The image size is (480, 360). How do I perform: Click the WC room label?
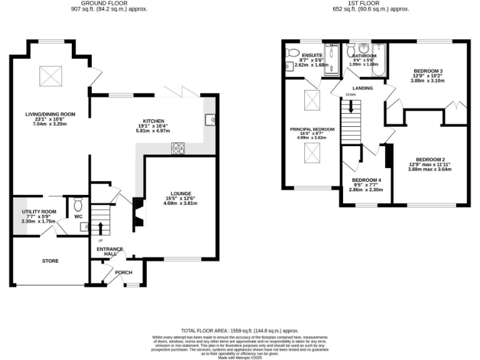[x=78, y=217]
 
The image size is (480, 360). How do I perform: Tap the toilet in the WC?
[x=78, y=204]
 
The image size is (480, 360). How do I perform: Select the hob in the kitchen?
[x=178, y=148]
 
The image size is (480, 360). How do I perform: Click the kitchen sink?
[x=211, y=118]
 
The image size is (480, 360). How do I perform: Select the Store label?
[x=51, y=261]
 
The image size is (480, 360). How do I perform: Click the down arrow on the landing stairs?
[x=351, y=107]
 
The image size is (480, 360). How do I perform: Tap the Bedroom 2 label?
[x=429, y=159]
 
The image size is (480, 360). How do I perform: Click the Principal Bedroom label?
[x=312, y=129]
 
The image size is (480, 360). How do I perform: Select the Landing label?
[x=362, y=88]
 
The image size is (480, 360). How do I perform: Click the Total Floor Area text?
[x=239, y=330]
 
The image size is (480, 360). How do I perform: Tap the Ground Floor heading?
[x=104, y=4]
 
